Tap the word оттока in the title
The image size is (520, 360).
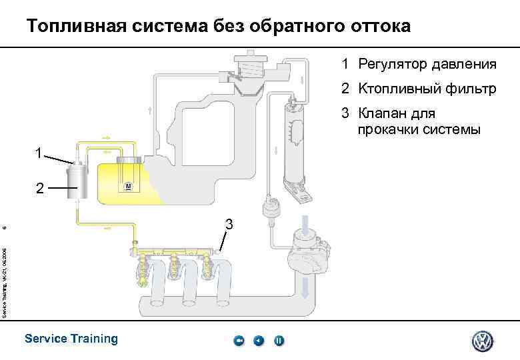pos(379,27)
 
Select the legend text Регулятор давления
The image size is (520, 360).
pos(427,65)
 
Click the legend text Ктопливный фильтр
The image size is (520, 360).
pos(427,89)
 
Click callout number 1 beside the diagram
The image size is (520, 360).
pos(41,154)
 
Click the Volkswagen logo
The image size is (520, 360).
pos(482,341)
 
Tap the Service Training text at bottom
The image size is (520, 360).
pos(71,339)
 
